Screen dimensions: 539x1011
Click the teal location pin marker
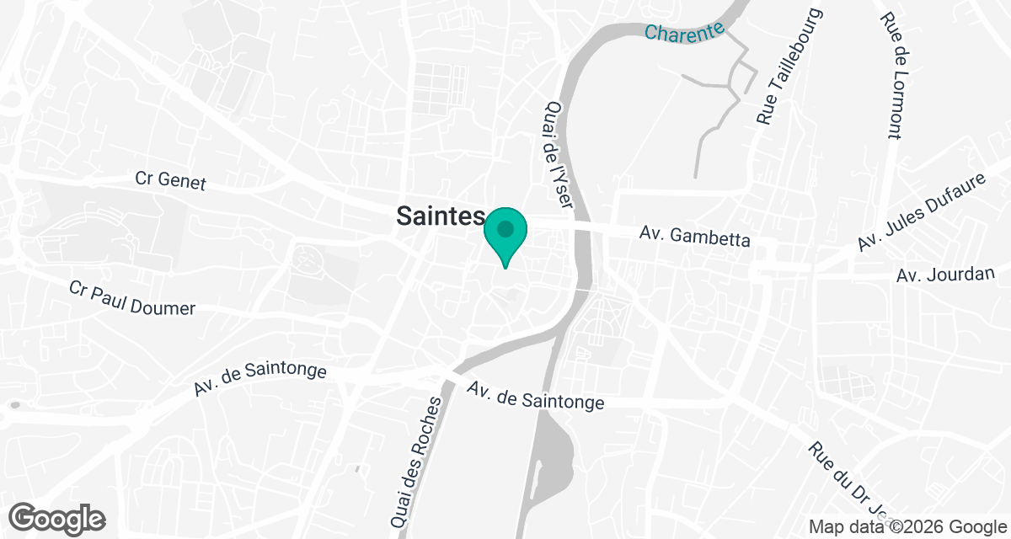click(x=505, y=236)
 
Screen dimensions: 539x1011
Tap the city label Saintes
click(x=441, y=216)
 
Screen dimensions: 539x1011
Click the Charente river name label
click(x=684, y=32)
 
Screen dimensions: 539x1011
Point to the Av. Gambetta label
click(x=694, y=236)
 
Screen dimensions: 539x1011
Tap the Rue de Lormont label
click(x=892, y=76)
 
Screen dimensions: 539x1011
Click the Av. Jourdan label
click(x=946, y=275)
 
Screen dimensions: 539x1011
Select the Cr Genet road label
click(x=170, y=180)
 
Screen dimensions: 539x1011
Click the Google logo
click(x=57, y=519)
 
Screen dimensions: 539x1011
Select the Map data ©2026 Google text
click(x=908, y=527)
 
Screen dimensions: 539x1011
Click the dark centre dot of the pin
click(x=505, y=229)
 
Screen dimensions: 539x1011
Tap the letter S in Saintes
click(x=404, y=216)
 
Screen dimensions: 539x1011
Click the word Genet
click(x=180, y=181)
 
